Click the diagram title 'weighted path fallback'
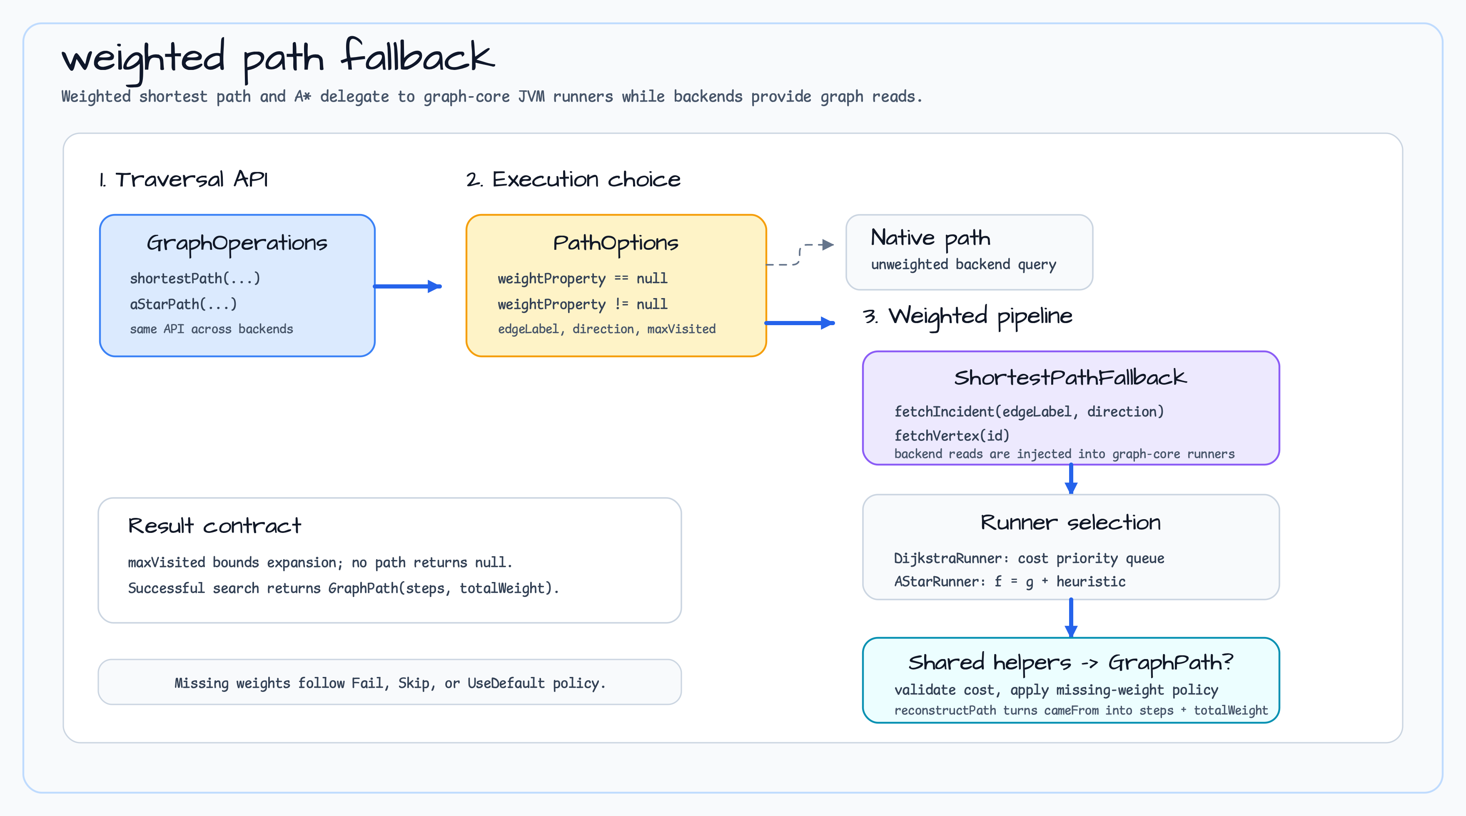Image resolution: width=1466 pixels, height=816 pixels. (278, 59)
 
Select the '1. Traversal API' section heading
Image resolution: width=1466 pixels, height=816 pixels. (183, 179)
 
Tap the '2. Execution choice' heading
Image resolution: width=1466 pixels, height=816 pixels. (573, 179)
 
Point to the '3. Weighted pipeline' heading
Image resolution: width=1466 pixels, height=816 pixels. (967, 316)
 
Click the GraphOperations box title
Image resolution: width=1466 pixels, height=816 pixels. (237, 244)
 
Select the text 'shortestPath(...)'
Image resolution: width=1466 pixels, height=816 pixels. (195, 278)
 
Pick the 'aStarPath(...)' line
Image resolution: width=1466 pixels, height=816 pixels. (183, 304)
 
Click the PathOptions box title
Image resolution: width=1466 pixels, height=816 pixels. (616, 244)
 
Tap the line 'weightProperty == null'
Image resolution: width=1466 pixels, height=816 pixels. (582, 278)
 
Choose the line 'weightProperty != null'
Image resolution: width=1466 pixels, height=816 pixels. (582, 304)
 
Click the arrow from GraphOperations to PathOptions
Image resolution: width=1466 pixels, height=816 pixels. (407, 286)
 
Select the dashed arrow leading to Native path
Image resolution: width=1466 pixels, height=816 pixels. (800, 255)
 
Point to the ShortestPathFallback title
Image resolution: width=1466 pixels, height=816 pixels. (1070, 377)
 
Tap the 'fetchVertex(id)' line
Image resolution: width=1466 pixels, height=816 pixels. (952, 435)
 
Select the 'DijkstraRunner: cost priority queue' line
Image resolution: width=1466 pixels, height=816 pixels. (1029, 558)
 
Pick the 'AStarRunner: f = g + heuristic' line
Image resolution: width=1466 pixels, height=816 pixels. (1010, 581)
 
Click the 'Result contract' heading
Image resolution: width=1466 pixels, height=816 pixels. (214, 525)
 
